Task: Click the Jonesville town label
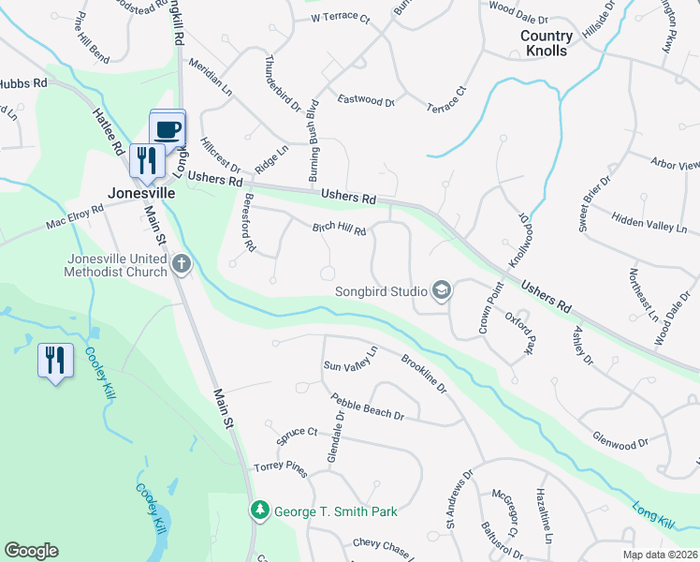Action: (141, 192)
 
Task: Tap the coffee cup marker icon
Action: (168, 128)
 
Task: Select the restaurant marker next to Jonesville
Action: (145, 160)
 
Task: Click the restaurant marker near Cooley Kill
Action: (54, 360)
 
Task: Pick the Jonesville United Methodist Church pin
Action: (182, 264)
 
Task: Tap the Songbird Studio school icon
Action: (441, 291)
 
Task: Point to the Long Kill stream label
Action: (651, 513)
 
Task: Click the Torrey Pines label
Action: (280, 468)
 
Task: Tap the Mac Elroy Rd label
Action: (74, 219)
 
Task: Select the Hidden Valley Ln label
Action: (649, 222)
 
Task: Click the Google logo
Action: (31, 551)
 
